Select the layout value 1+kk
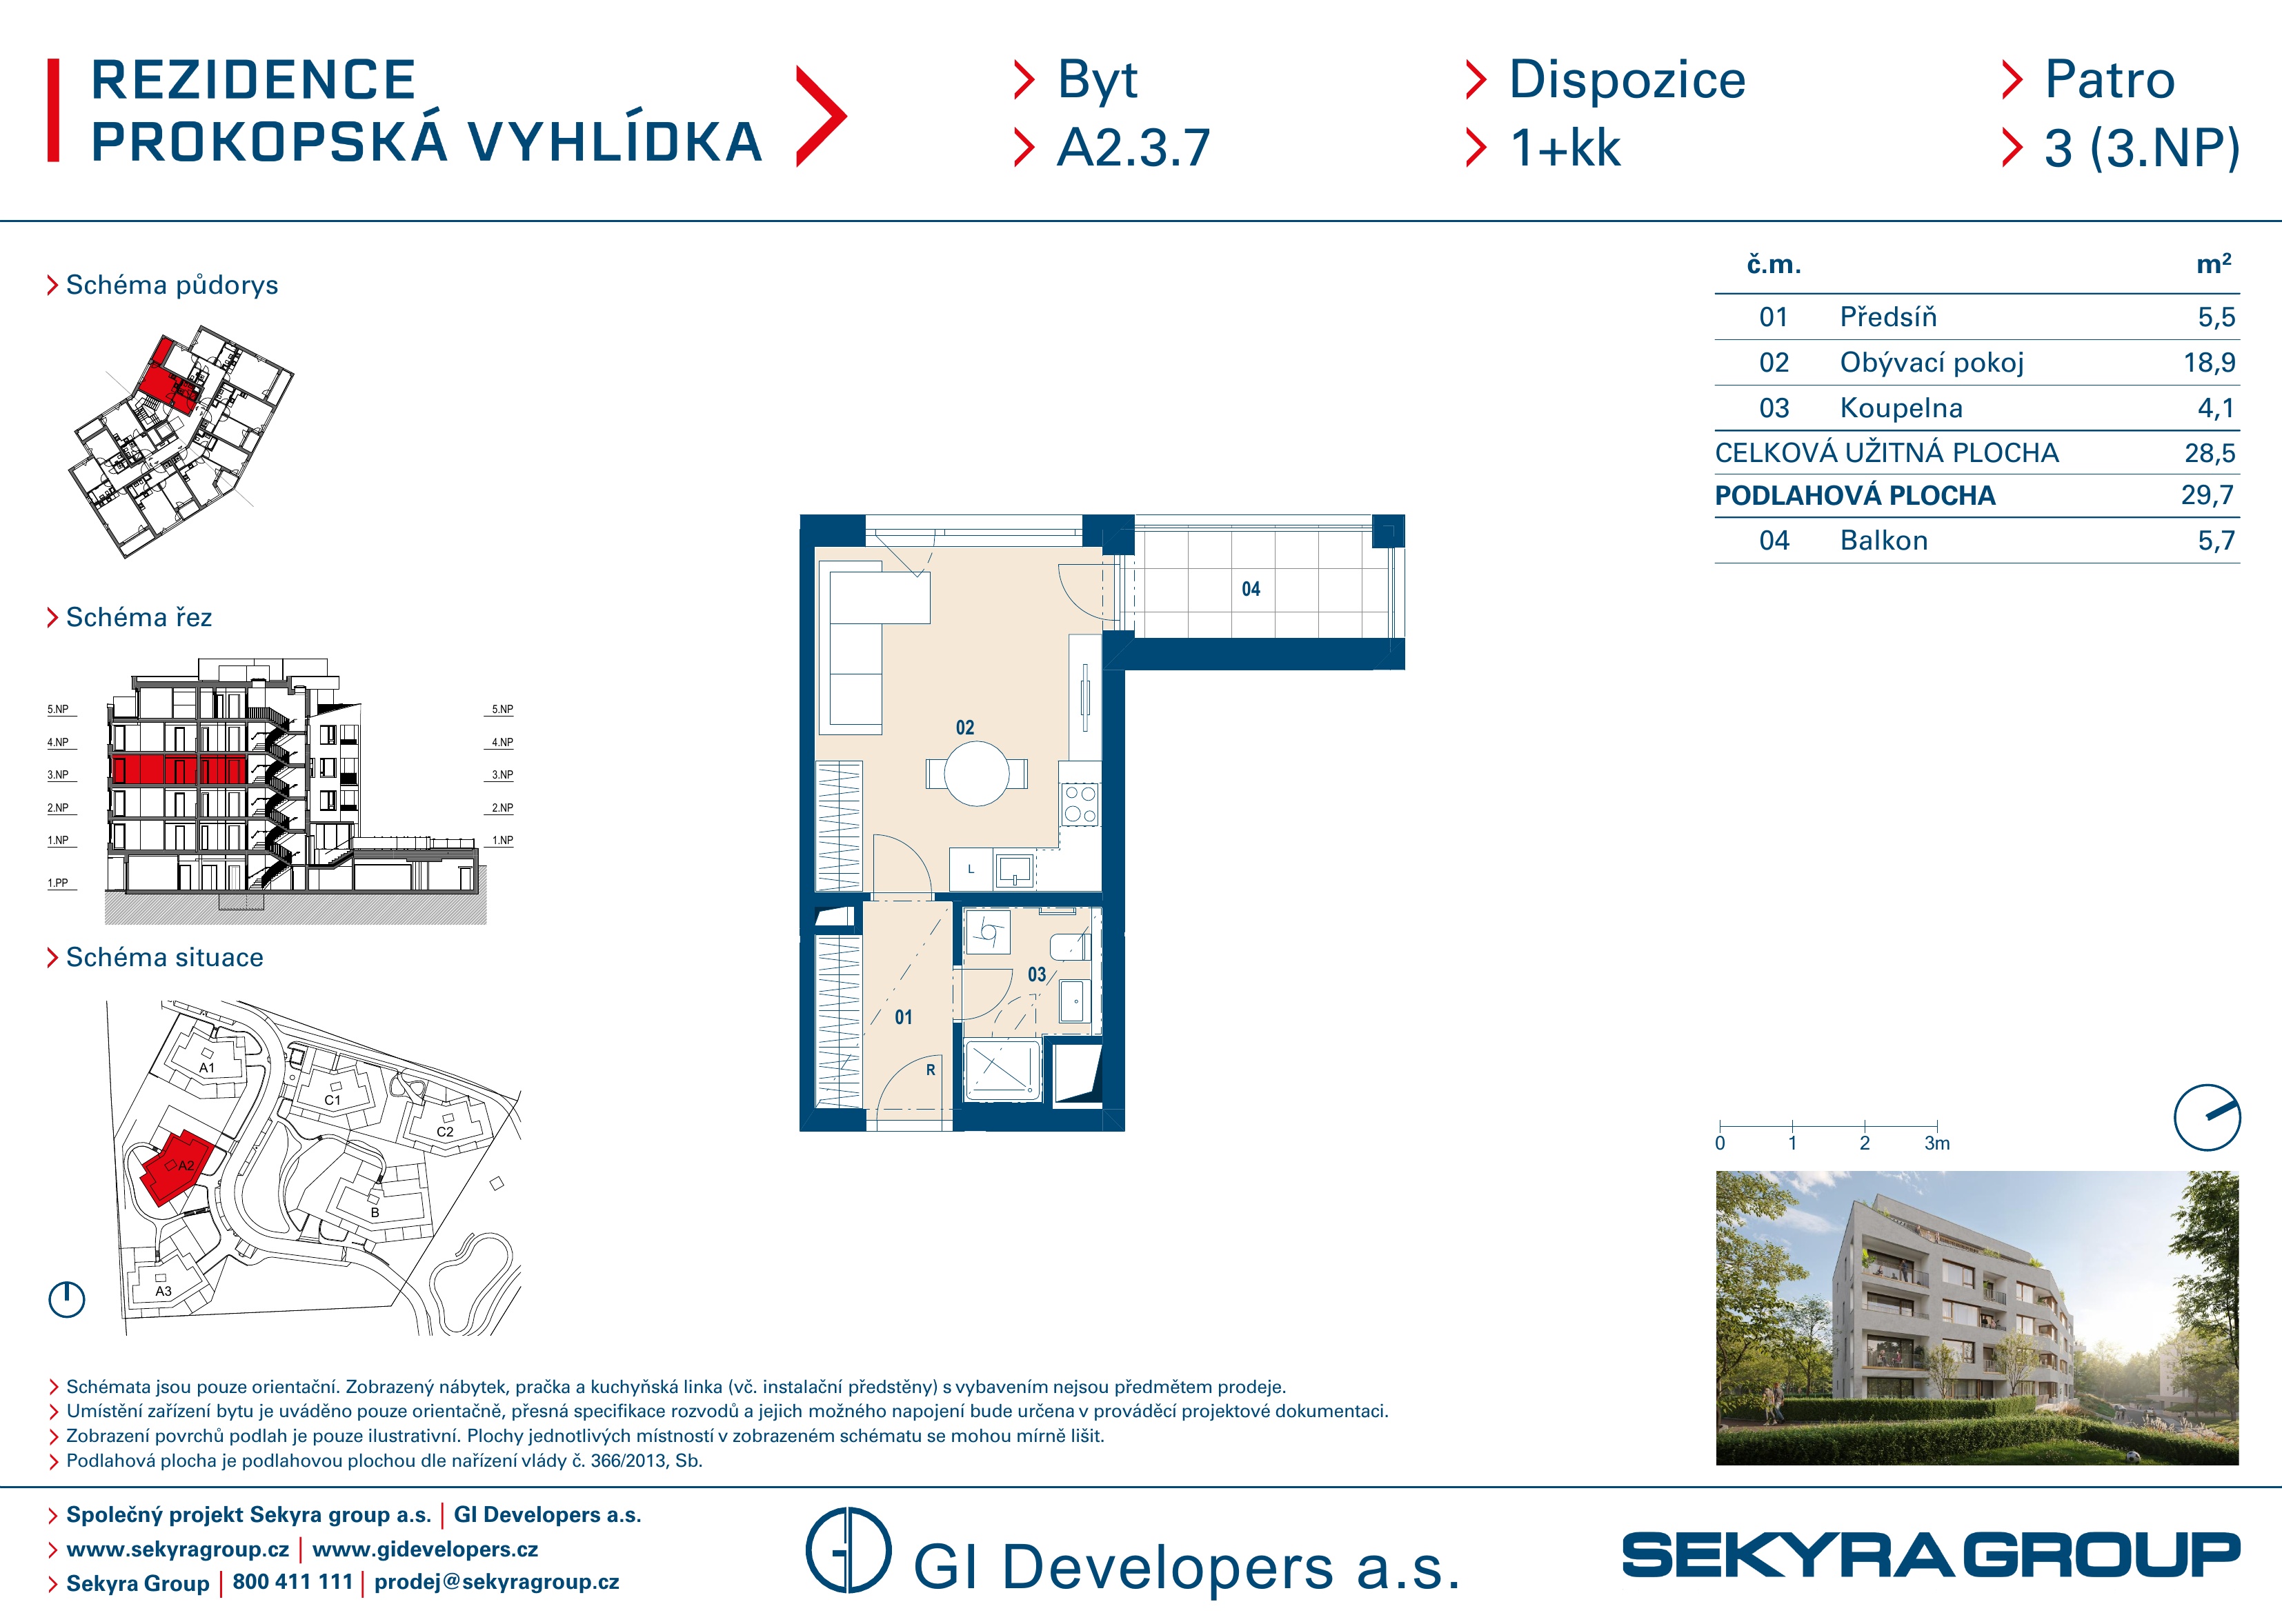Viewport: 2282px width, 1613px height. point(1565,148)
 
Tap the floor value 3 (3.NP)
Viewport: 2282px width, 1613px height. point(2142,149)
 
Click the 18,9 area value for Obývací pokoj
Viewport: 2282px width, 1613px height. point(2208,363)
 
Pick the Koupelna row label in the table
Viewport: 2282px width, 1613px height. point(1901,408)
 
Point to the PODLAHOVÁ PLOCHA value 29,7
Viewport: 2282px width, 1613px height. point(2207,495)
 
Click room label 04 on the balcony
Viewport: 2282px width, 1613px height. point(1250,590)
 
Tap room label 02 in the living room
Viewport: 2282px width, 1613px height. point(964,728)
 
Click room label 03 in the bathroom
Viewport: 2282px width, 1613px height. point(1037,975)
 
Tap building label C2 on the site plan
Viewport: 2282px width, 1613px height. point(444,1132)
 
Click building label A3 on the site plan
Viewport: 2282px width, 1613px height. point(163,1291)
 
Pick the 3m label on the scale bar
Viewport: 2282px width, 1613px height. point(1936,1144)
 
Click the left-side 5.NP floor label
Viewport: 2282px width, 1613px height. point(58,710)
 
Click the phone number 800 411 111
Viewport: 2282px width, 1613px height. point(292,1582)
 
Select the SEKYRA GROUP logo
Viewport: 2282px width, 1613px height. point(1930,1555)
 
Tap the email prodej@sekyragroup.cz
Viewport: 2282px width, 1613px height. point(496,1582)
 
